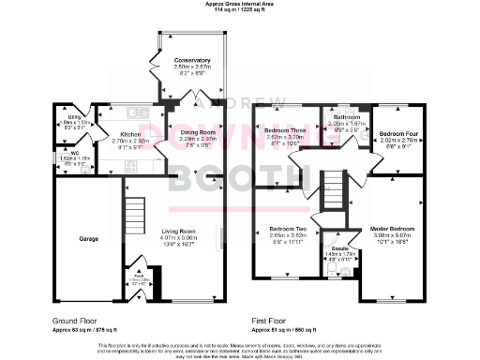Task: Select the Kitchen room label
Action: (129, 134)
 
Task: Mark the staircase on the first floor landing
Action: (334, 184)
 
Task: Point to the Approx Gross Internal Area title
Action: (241, 4)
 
